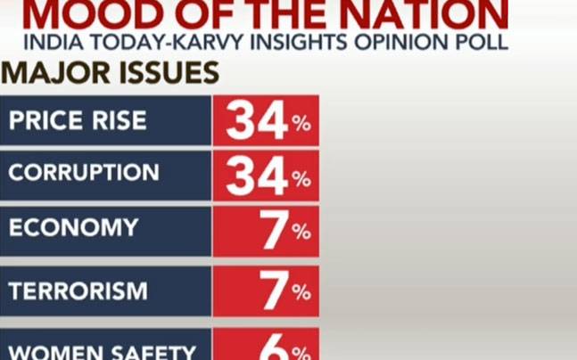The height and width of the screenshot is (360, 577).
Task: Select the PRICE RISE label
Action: click(x=78, y=119)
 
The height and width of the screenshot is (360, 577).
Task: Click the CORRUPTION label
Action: click(x=84, y=173)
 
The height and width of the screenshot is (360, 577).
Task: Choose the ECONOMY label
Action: click(x=73, y=226)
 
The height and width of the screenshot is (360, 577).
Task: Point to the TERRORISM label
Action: click(x=78, y=290)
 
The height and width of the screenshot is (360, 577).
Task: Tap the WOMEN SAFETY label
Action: click(x=102, y=350)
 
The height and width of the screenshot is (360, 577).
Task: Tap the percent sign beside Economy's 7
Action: click(x=301, y=233)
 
